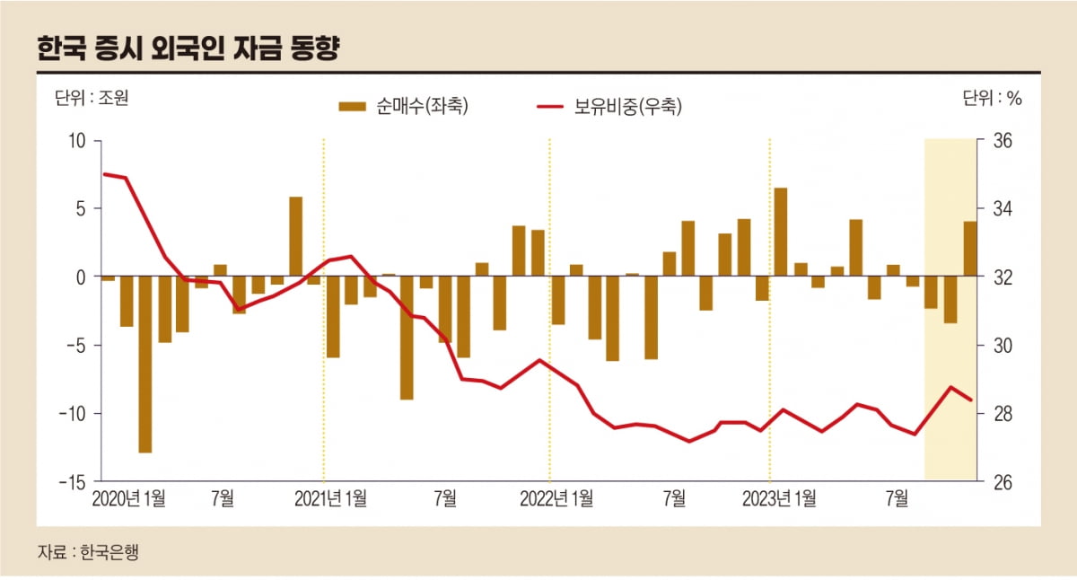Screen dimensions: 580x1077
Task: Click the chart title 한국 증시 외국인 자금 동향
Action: [x=188, y=48]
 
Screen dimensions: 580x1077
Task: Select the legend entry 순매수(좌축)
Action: [x=404, y=107]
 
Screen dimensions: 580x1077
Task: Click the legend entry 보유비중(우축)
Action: [x=610, y=107]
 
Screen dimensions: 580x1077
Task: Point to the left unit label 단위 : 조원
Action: [x=92, y=98]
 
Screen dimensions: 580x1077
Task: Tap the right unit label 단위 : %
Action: [x=993, y=98]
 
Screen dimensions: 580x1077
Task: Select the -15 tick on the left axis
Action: [x=72, y=481]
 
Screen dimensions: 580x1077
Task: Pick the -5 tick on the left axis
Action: [x=75, y=345]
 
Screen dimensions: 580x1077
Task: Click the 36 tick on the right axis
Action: [x=1003, y=141]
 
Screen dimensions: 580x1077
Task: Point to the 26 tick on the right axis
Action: [x=1003, y=481]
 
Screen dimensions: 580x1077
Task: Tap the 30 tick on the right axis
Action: [x=1003, y=345]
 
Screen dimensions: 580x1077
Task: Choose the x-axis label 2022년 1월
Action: [x=556, y=498]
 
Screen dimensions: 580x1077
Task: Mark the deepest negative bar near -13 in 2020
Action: [x=145, y=365]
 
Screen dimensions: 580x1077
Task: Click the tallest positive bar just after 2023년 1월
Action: [x=781, y=232]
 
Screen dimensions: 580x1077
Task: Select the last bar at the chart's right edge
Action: [x=970, y=249]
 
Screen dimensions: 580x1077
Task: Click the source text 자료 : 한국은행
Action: [x=88, y=552]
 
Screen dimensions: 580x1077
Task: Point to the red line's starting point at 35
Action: [x=105, y=174]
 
